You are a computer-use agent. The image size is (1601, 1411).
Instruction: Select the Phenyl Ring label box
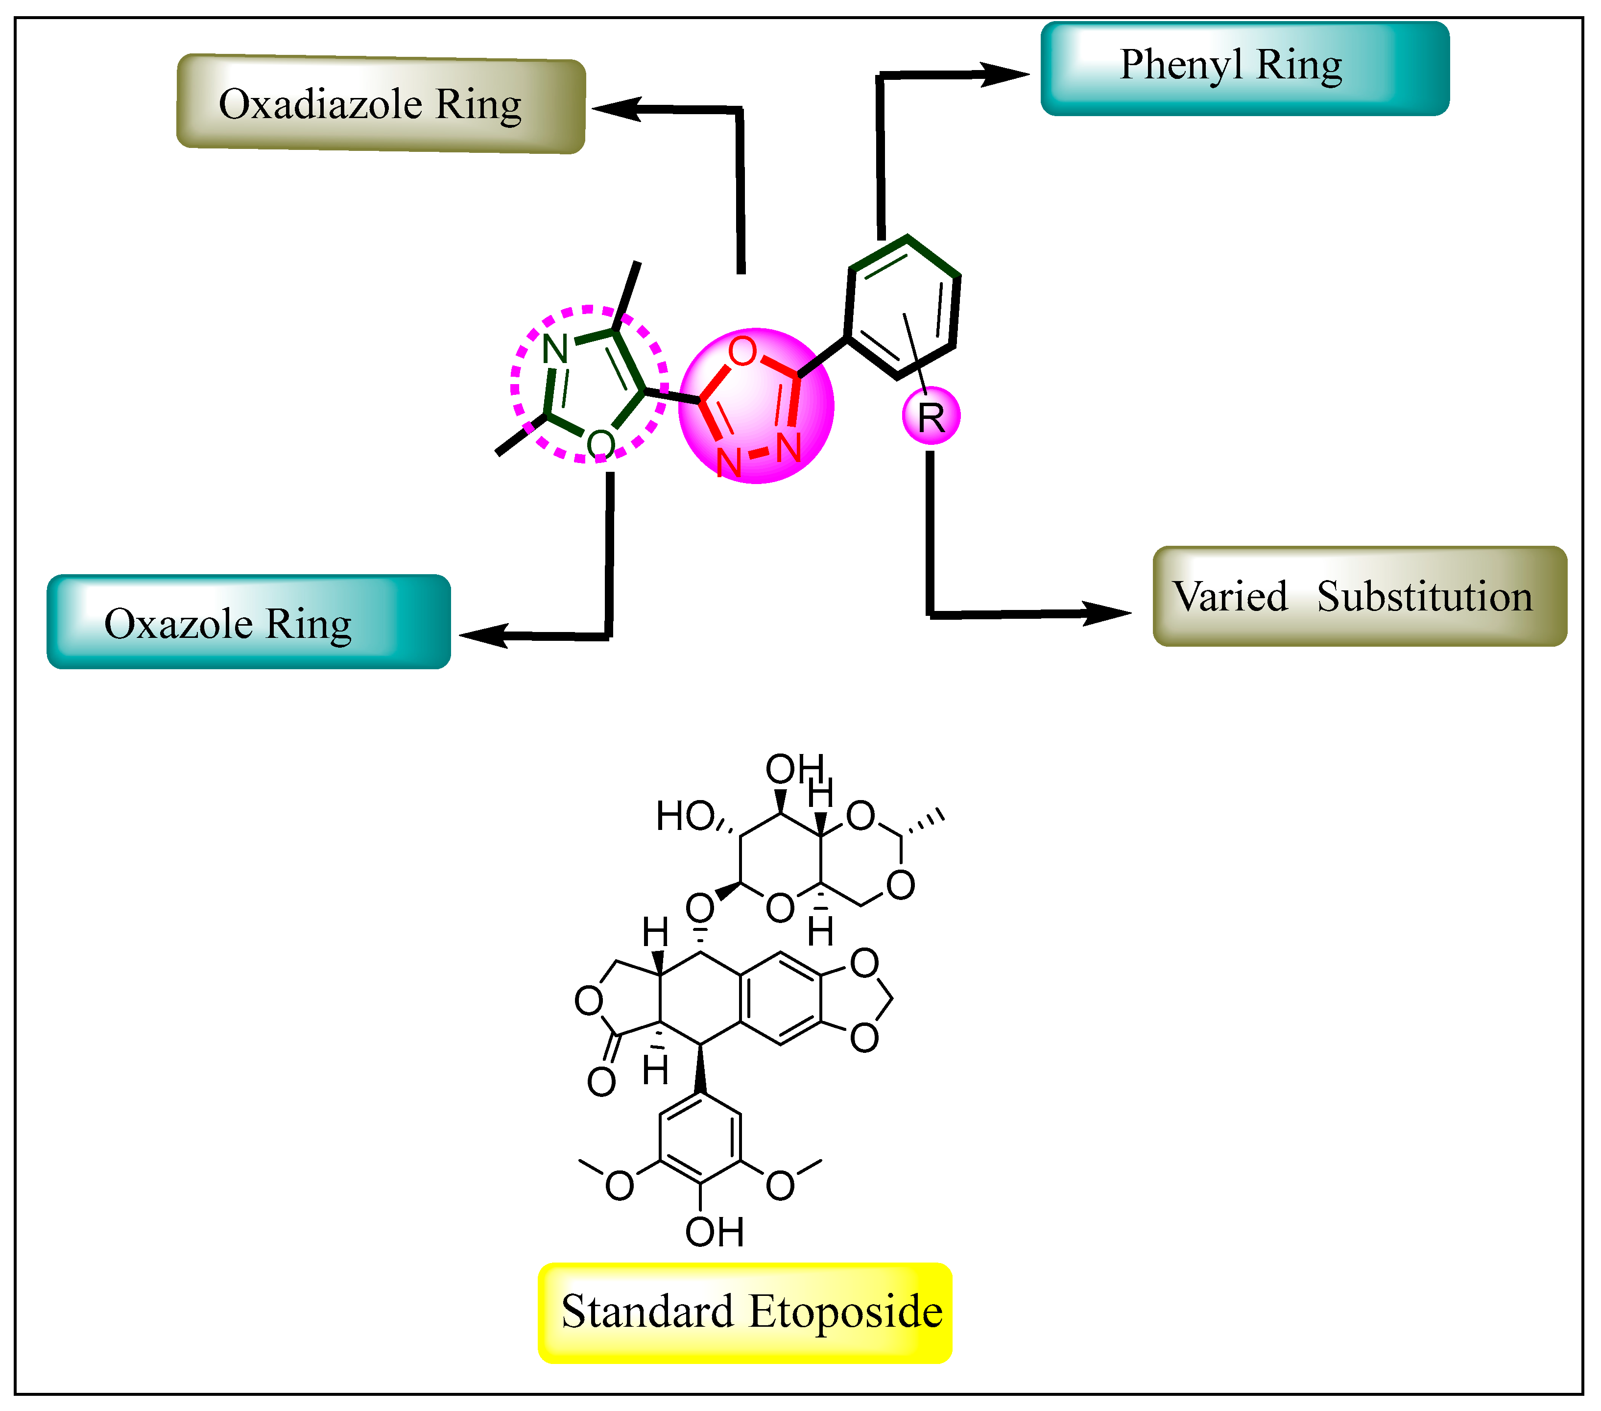1244,68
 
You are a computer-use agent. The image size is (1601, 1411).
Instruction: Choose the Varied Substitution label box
1359,596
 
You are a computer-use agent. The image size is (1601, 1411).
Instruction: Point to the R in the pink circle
931,417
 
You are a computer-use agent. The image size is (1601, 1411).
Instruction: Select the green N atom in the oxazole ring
555,348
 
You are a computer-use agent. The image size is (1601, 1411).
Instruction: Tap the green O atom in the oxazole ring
600,444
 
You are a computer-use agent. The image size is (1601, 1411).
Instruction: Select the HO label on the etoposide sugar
685,816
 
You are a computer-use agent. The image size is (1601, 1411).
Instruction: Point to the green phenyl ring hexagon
902,307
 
